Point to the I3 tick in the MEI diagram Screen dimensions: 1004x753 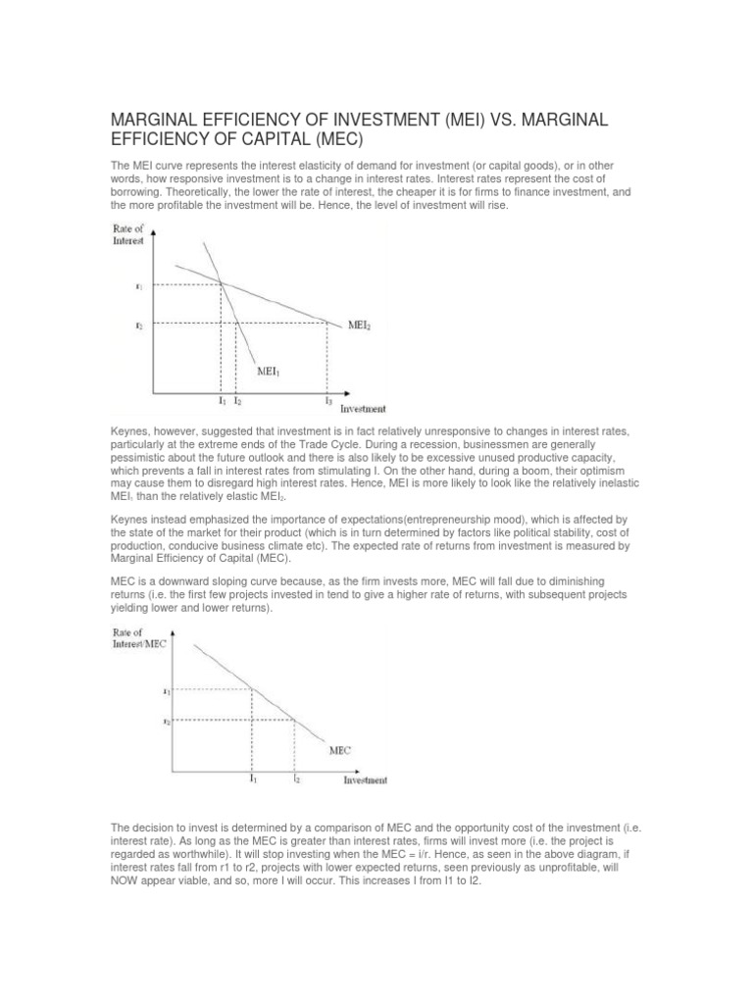[x=326, y=402]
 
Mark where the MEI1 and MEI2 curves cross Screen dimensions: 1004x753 [x=221, y=284]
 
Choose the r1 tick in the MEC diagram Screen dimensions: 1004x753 [x=167, y=691]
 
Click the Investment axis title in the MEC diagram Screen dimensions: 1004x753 [x=364, y=780]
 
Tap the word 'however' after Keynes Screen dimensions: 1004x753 [x=175, y=431]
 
